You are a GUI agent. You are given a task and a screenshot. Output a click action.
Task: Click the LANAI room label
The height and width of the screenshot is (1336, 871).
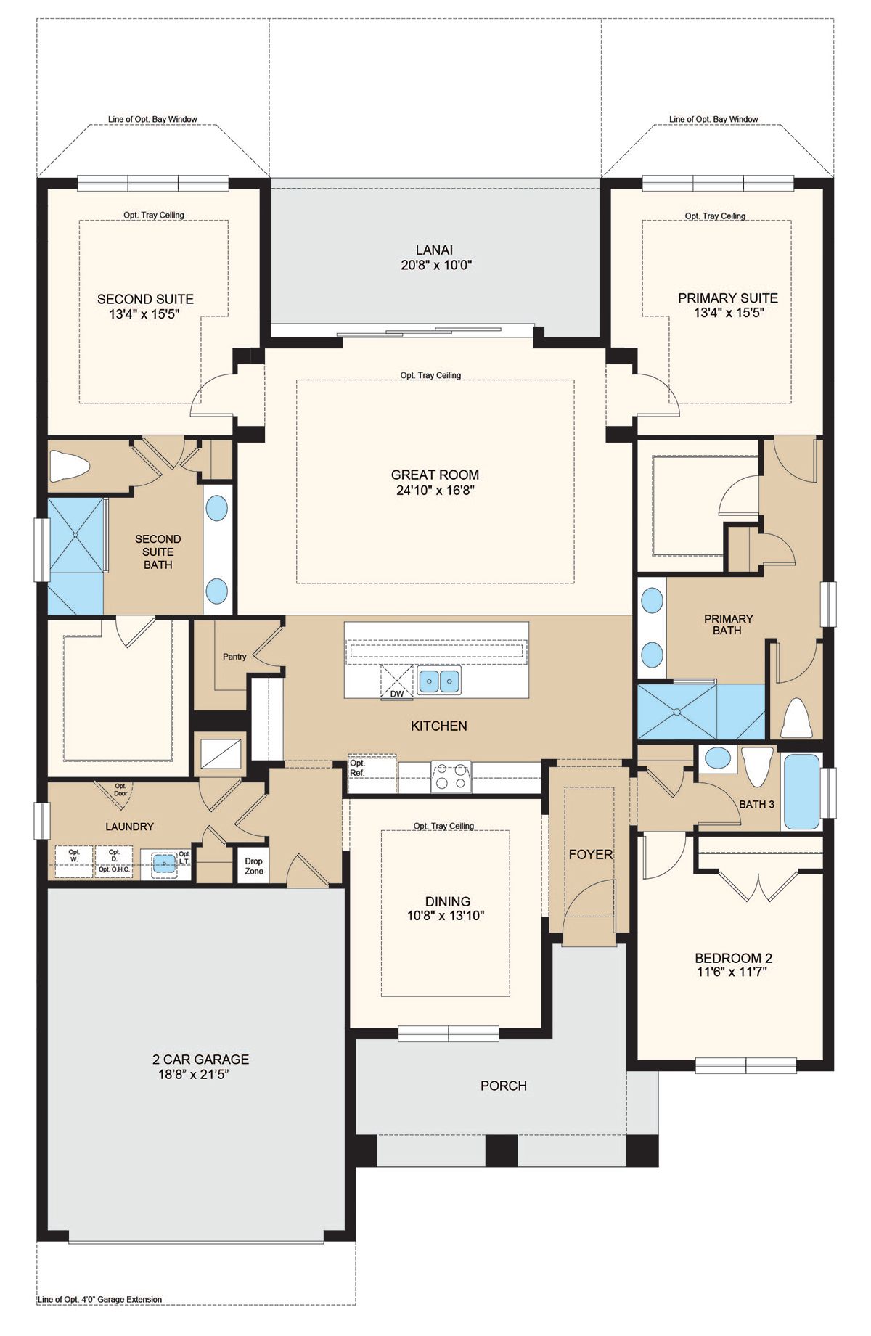click(435, 250)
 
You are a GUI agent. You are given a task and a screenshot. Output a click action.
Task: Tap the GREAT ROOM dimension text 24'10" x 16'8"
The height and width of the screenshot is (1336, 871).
click(435, 491)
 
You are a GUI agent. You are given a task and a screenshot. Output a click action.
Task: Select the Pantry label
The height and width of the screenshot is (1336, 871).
click(234, 657)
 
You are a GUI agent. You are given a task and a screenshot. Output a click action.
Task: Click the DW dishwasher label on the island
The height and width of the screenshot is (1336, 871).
click(397, 694)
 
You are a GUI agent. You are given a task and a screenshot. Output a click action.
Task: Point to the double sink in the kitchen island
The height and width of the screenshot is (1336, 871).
click(439, 681)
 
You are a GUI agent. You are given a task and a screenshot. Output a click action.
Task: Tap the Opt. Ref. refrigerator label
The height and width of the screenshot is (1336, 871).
click(358, 768)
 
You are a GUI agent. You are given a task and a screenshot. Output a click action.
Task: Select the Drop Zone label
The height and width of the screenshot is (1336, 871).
click(254, 866)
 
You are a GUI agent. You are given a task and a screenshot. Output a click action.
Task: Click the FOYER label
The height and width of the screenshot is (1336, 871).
click(591, 855)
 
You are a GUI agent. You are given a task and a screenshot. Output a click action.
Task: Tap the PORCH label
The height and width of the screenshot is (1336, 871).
click(504, 1086)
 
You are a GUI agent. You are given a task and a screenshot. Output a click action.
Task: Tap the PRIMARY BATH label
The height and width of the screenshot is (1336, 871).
click(728, 625)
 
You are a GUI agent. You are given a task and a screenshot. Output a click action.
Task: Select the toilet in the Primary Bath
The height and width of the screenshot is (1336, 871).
click(796, 718)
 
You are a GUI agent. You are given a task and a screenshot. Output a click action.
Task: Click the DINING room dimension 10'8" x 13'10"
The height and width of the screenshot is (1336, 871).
click(446, 916)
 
